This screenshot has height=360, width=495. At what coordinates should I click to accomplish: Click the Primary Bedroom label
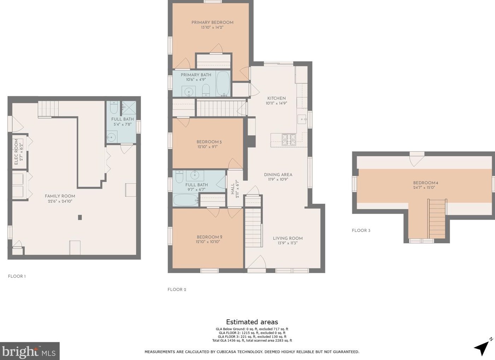[x=212, y=23]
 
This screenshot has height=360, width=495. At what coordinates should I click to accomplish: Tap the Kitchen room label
[x=276, y=98]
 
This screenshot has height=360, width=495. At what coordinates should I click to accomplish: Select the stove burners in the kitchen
[x=289, y=140]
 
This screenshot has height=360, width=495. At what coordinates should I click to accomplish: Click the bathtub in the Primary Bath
[x=223, y=83]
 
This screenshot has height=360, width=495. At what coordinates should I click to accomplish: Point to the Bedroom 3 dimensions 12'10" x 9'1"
[x=208, y=147]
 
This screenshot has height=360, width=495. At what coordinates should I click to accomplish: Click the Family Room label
[x=60, y=196]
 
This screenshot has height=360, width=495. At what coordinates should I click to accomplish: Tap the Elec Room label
[x=16, y=152]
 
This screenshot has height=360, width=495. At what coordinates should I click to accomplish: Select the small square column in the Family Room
[x=80, y=217]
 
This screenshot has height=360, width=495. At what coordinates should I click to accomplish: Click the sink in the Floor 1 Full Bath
[x=112, y=137]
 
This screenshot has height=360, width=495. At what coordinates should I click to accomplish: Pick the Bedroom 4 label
[x=426, y=183]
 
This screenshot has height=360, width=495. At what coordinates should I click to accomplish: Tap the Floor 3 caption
[x=361, y=231]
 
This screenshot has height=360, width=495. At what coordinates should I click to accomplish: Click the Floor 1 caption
[x=17, y=276]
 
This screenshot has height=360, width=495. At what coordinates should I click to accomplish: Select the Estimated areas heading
[x=252, y=322]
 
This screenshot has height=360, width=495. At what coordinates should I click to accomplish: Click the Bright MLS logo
[x=30, y=351]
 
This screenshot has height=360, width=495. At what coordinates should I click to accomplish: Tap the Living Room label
[x=288, y=238]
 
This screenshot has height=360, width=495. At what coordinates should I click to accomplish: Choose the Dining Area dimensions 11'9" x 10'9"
[x=278, y=179]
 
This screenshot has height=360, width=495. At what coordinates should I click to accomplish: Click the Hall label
[x=233, y=189]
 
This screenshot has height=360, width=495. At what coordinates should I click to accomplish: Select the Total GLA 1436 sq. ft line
[x=252, y=340]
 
